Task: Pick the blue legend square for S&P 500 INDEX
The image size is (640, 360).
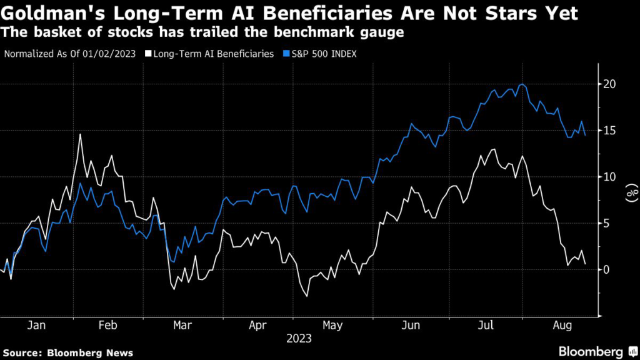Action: [x=281, y=54]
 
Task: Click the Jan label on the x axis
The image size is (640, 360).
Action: [x=36, y=326]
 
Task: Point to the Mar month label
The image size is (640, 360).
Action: [x=182, y=326]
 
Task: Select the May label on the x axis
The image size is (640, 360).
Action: [x=333, y=326]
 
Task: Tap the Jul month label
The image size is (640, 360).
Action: [x=486, y=326]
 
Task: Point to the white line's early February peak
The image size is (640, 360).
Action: [x=80, y=134]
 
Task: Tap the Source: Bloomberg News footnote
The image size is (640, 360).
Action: [x=67, y=352]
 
